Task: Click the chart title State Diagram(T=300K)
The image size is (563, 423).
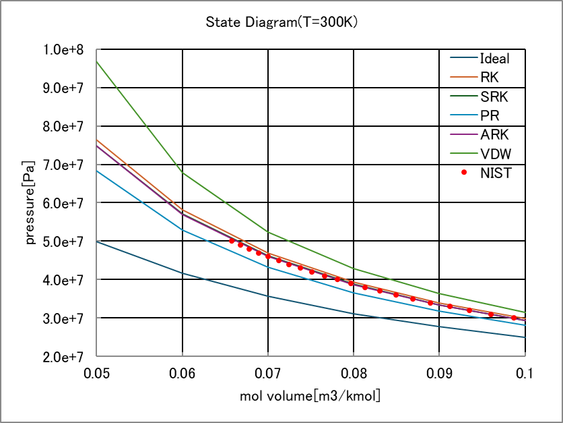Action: (x=281, y=22)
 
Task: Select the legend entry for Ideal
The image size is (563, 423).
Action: (x=494, y=59)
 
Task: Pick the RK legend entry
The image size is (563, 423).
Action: (x=490, y=78)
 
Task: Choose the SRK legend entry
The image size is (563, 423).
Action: (x=492, y=96)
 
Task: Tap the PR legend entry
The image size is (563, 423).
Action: (x=490, y=115)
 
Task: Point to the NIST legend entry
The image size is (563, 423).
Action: (x=496, y=173)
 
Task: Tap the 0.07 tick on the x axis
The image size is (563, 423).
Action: (x=268, y=371)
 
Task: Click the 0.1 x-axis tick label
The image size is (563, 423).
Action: (x=525, y=371)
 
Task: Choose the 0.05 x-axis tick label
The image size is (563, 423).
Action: (x=97, y=371)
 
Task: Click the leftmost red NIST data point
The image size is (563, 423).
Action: (x=232, y=241)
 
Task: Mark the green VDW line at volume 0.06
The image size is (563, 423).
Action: (x=183, y=173)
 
